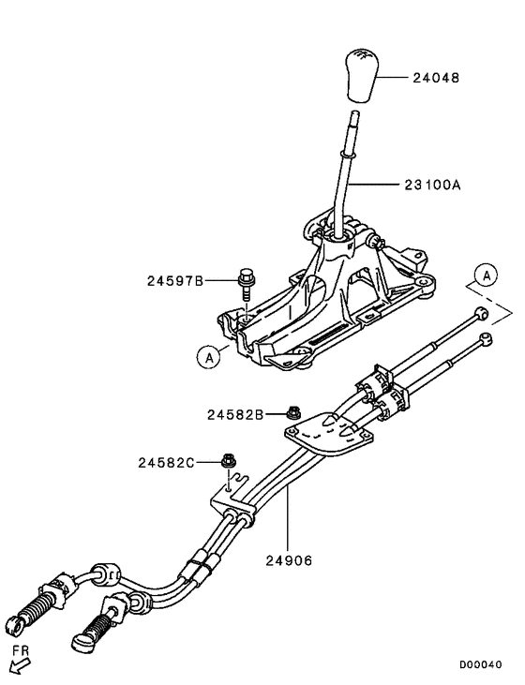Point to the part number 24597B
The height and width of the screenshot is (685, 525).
[175, 279]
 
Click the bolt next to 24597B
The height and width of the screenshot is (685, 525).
[245, 281]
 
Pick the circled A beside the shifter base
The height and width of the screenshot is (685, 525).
[211, 355]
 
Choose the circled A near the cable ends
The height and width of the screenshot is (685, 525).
[485, 275]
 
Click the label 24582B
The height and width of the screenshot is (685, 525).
[236, 412]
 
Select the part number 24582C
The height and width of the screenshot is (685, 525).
[168, 462]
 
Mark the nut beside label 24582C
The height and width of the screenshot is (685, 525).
[228, 460]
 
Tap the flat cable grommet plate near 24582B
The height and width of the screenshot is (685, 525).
[324, 434]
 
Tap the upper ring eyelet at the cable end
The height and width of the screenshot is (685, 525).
[481, 313]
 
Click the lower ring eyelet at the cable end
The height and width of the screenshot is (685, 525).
[485, 336]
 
